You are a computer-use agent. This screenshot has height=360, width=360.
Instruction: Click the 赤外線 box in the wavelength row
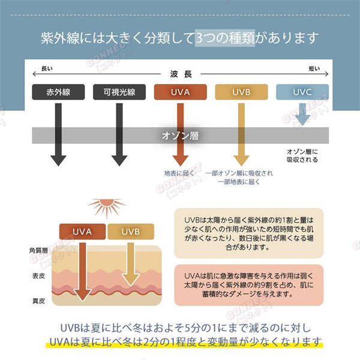[58, 92]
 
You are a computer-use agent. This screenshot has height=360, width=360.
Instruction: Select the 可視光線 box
[118, 92]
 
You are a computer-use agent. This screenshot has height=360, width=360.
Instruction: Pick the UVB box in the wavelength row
[241, 92]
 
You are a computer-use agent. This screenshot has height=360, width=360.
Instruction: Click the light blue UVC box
[302, 92]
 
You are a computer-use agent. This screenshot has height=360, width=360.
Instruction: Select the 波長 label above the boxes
[180, 74]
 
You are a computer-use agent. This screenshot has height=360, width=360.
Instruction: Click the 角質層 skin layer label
[38, 250]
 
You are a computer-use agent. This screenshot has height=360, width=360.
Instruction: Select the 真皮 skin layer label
[38, 300]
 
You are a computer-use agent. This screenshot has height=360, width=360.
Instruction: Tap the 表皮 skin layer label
[38, 276]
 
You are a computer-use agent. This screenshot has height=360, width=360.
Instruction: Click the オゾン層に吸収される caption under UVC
[302, 156]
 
